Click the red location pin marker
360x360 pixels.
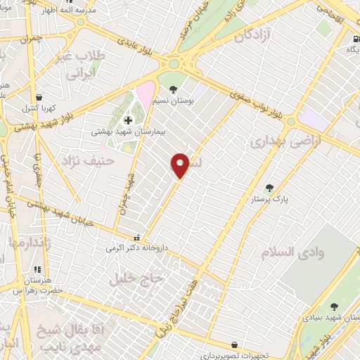tap(181, 165)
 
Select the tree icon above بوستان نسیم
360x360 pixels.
tap(173, 89)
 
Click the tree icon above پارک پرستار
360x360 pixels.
tap(269, 188)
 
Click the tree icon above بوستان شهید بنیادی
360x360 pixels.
tap(334, 306)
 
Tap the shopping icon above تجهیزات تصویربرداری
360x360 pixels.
tap(233, 345)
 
